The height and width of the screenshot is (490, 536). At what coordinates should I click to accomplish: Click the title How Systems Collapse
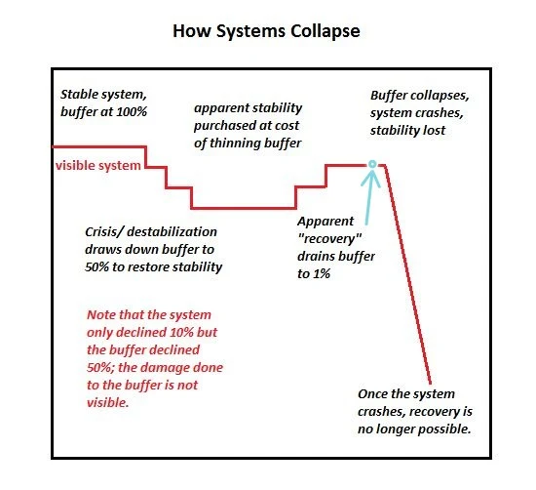266,31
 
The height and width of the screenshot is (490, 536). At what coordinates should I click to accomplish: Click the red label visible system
98,165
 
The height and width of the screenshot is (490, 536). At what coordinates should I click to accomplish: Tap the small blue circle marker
372,164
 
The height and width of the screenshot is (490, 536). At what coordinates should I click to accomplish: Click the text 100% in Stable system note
132,111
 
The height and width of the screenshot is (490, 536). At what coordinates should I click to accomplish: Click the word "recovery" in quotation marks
329,239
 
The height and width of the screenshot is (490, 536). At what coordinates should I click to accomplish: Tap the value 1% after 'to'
322,273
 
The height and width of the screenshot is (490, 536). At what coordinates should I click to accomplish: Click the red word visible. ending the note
108,402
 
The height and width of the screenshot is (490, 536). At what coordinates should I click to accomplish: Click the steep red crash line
407,274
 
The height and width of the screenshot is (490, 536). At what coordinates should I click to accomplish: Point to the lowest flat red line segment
244,208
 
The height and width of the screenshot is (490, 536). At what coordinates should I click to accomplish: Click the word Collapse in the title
325,31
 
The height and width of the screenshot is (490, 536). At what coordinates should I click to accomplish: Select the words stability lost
407,131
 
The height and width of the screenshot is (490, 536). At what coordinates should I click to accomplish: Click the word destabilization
172,232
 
